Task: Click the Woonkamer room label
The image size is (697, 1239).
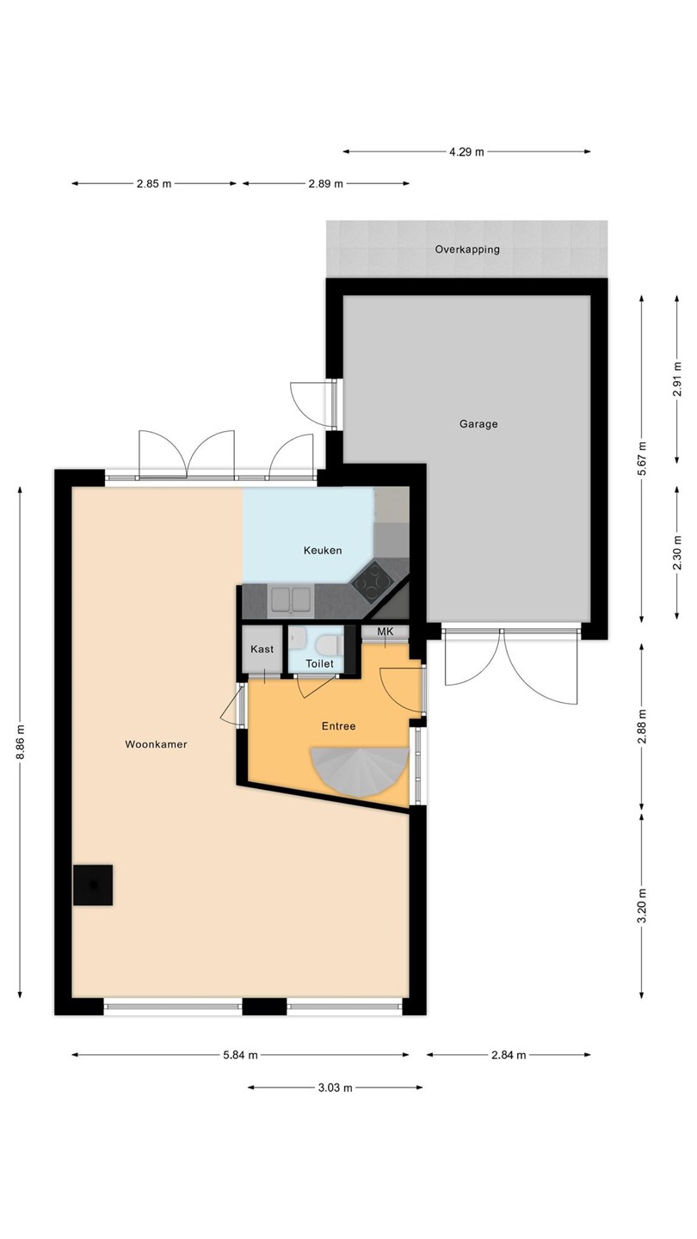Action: click(156, 744)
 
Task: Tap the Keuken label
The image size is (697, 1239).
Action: click(323, 551)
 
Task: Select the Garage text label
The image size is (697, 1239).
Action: click(478, 424)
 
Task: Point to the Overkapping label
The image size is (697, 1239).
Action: click(467, 250)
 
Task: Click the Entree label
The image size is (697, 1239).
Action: click(338, 726)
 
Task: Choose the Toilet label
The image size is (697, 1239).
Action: click(320, 663)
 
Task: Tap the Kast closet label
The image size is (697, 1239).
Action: click(262, 649)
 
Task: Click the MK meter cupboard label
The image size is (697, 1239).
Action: click(385, 632)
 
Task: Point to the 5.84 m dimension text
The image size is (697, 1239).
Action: click(241, 1055)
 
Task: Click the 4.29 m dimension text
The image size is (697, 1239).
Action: click(466, 151)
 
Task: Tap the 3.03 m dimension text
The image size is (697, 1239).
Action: click(336, 1088)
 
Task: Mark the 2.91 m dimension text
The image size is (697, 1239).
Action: click(676, 379)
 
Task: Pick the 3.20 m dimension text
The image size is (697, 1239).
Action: click(642, 906)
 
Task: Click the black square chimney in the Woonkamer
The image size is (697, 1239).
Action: click(93, 885)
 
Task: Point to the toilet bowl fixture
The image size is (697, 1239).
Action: click(329, 646)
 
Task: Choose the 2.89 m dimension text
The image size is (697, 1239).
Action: click(326, 183)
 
